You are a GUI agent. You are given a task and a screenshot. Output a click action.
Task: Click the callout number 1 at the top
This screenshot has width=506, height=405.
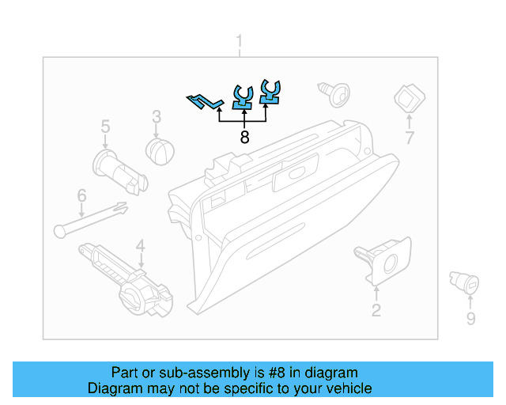240,42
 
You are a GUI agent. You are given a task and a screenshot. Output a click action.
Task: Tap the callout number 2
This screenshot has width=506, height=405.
376,310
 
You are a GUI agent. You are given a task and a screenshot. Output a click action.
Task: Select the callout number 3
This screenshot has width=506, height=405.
157,116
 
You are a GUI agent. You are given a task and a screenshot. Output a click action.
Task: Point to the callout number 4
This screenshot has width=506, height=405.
140,247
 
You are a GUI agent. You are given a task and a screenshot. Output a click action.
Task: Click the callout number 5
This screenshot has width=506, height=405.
105,126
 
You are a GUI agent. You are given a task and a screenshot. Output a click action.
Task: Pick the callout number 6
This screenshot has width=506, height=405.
81,195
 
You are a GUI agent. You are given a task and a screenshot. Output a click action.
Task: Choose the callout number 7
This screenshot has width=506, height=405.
410,138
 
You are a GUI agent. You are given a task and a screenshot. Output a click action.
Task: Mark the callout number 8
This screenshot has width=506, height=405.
244,137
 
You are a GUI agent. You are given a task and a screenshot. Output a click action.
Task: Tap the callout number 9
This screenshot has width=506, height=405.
470,318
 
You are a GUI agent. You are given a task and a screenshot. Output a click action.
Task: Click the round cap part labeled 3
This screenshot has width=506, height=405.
161,150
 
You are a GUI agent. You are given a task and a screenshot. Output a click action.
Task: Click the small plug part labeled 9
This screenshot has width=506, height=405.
463,281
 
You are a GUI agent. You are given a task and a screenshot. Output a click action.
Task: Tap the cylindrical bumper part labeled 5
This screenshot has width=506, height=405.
119,171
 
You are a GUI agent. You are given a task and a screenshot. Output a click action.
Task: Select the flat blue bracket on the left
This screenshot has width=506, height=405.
204,101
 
